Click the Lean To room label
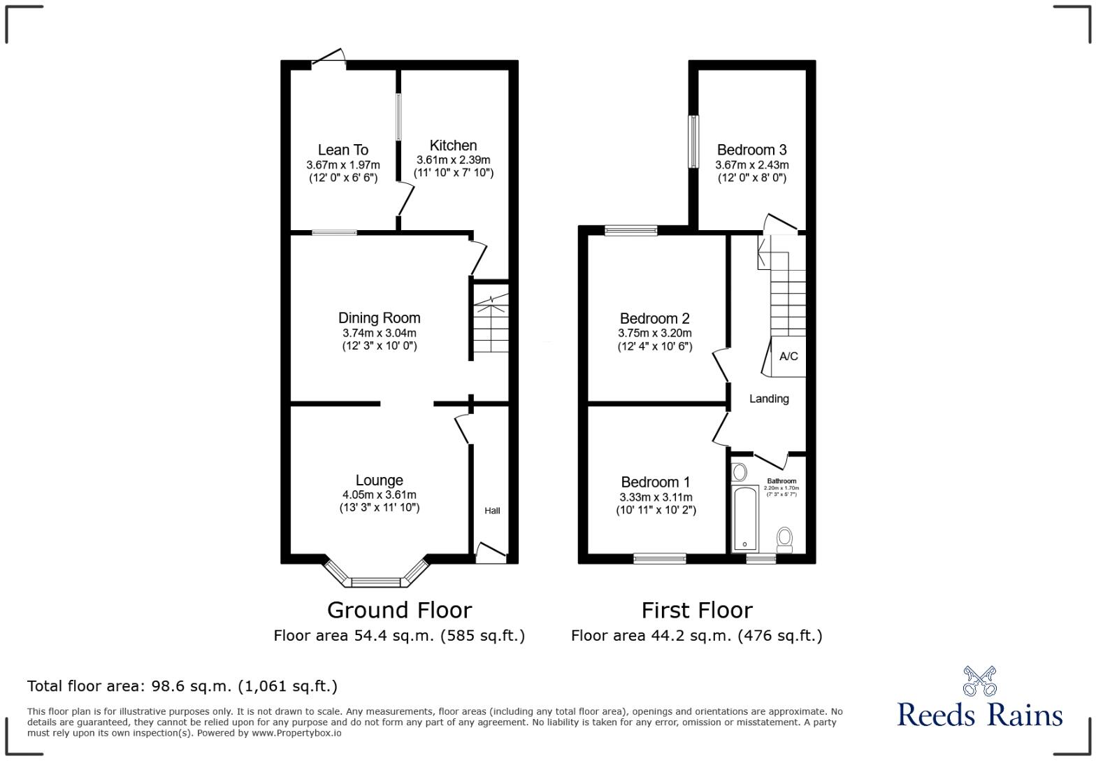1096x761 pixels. tap(342, 150)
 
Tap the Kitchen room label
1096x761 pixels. tap(453, 145)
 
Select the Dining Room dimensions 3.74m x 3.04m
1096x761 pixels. tap(379, 334)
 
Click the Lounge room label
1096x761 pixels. tap(379, 481)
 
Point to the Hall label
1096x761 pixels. tap(492, 511)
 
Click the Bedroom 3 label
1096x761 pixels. tap(751, 150)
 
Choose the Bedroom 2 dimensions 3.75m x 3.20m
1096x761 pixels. tap(654, 334)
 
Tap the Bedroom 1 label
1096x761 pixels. tap(655, 483)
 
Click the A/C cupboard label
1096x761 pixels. tap(788, 357)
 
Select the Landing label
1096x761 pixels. tap(769, 399)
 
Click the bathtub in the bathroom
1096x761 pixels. tap(744, 518)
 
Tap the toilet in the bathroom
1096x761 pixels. tap(785, 539)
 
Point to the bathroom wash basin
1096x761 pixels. tap(739, 471)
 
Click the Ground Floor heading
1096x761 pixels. tap(399, 610)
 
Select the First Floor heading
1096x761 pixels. tap(697, 610)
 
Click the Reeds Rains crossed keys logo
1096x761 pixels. tap(979, 681)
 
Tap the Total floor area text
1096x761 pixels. tap(182, 686)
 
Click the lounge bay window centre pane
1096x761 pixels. tap(376, 582)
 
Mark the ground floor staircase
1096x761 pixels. tap(491, 325)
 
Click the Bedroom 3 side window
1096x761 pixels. tap(693, 142)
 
